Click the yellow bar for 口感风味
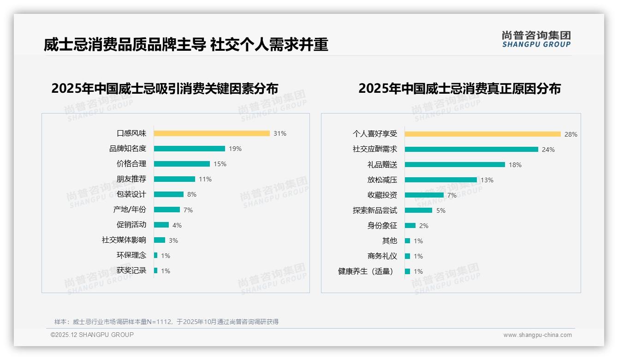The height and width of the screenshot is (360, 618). click(212, 133)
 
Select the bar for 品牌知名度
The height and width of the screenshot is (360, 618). click(190, 149)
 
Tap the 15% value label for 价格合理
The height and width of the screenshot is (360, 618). click(220, 164)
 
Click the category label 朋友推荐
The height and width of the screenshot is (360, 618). click(131, 179)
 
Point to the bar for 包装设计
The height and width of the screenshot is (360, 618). click(169, 194)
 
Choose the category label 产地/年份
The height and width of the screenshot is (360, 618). click(130, 210)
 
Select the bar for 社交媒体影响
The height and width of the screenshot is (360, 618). click(160, 240)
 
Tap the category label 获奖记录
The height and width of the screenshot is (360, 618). click(131, 270)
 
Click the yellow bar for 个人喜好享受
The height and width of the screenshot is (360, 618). click(483, 134)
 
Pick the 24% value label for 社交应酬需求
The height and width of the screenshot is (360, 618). click(548, 150)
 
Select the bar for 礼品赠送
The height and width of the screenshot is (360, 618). click(455, 165)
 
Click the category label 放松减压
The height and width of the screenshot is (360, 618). click(382, 180)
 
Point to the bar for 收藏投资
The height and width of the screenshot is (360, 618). click(424, 195)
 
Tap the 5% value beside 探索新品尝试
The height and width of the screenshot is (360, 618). click(441, 210)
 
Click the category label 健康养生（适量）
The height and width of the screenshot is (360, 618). click(367, 271)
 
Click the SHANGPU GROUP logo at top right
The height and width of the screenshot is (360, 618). click(536, 39)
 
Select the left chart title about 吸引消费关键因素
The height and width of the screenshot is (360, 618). click(165, 88)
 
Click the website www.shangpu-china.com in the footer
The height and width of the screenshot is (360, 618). click(537, 335)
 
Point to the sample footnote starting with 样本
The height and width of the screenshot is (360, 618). click(166, 322)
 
